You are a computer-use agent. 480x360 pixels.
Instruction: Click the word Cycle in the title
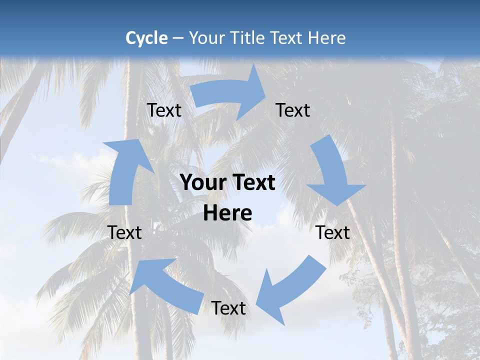pyautogui.click(x=146, y=38)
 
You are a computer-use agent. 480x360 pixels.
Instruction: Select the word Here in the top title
pyautogui.click(x=327, y=38)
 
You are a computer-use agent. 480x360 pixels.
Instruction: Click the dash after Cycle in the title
pyautogui.click(x=178, y=38)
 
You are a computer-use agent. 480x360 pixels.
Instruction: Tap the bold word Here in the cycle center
pyautogui.click(x=227, y=213)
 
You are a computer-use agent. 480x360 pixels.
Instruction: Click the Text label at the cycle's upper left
pyautogui.click(x=164, y=110)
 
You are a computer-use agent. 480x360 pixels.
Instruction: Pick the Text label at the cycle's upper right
pyautogui.click(x=293, y=110)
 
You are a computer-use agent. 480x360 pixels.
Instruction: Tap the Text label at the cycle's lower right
pyautogui.click(x=333, y=232)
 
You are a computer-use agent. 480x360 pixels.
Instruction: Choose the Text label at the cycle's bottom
pyautogui.click(x=228, y=308)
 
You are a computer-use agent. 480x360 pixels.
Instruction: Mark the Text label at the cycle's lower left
pyautogui.click(x=124, y=232)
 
